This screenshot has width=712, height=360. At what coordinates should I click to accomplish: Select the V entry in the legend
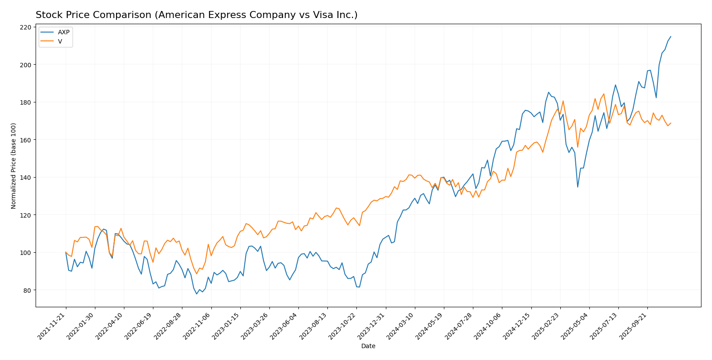tap(60, 41)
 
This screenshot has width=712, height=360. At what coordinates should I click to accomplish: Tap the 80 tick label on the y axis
tap(27, 290)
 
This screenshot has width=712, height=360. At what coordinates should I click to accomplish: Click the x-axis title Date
tap(368, 346)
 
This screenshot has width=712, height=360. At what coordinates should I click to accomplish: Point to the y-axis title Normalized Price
tap(14, 166)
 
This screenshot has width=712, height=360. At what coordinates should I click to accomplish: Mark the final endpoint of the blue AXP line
tap(671, 36)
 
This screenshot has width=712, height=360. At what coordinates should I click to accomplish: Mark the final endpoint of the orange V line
tap(671, 123)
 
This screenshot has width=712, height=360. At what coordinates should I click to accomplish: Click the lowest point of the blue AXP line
tap(196, 294)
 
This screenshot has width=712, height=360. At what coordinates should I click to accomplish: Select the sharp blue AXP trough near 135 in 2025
tap(578, 187)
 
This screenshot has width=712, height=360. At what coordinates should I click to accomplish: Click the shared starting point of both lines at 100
tap(66, 252)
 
